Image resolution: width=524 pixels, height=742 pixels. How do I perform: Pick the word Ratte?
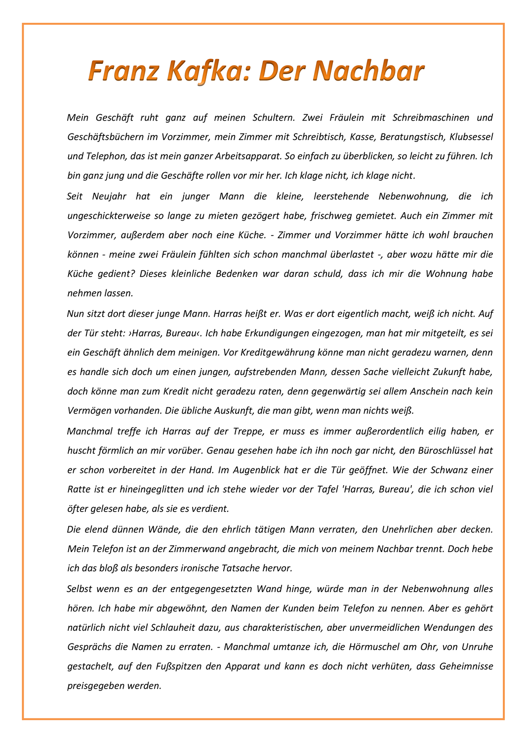coord(78,489)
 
